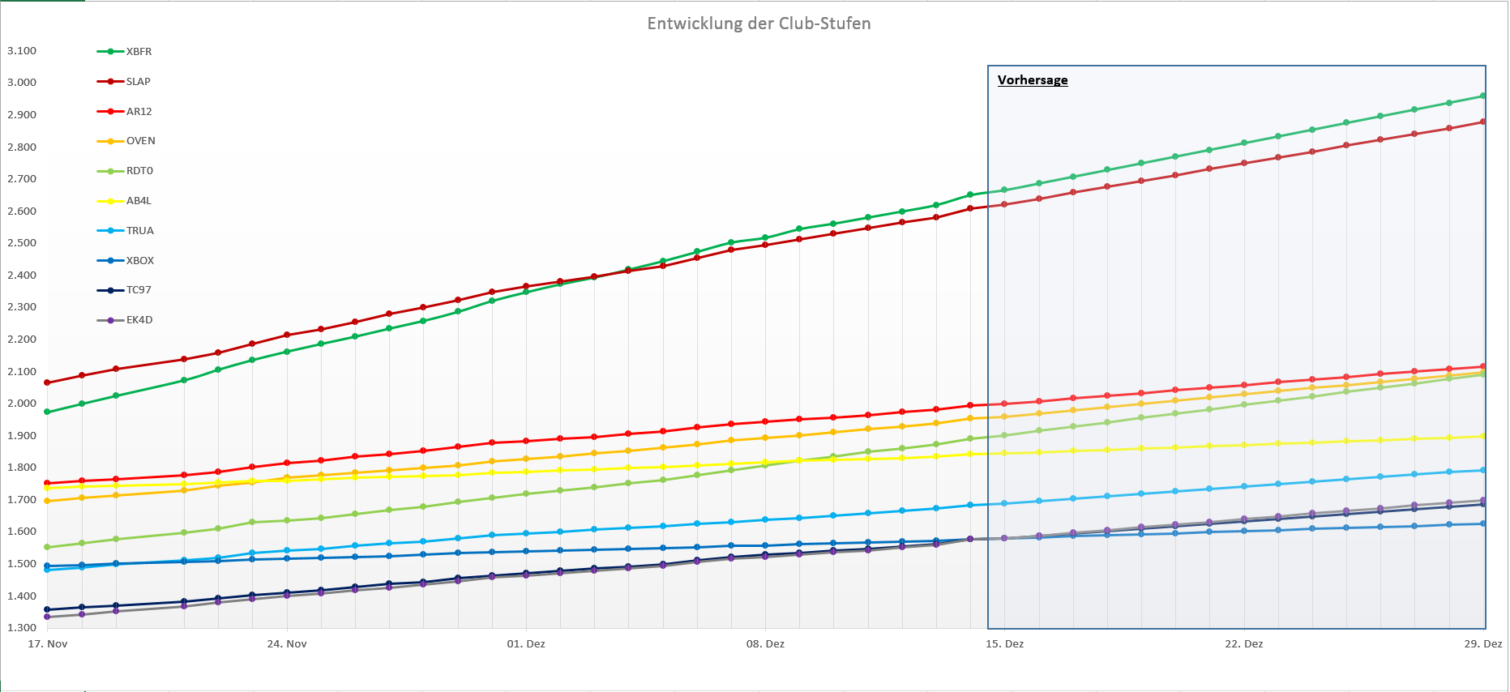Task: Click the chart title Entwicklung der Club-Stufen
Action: (759, 23)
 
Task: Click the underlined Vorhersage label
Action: (1033, 80)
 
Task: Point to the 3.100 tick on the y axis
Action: (22, 51)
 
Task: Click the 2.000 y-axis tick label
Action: (22, 404)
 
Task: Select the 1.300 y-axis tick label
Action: (22, 628)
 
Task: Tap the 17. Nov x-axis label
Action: (48, 644)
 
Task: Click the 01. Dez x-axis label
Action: (526, 644)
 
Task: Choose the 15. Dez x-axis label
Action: (1004, 644)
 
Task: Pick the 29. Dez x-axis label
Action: (1482, 644)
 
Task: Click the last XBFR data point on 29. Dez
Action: (1483, 96)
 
